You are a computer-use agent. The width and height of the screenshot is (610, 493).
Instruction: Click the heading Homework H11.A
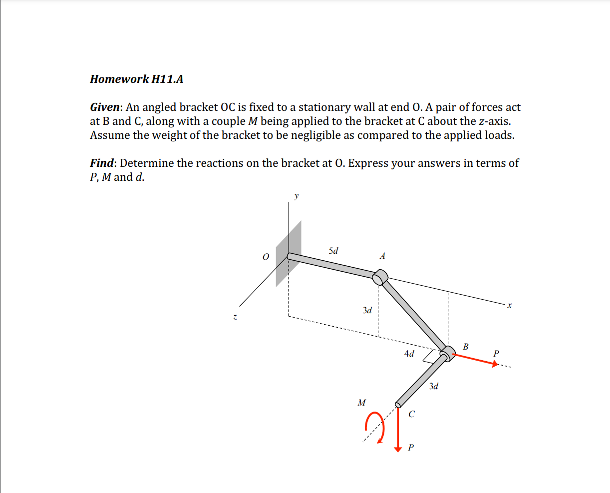136,79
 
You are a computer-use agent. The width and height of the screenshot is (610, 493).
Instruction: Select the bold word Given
105,107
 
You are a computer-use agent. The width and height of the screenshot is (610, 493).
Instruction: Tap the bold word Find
101,163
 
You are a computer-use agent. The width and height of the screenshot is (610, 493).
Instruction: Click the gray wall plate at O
289,254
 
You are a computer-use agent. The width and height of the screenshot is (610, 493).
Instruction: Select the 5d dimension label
333,251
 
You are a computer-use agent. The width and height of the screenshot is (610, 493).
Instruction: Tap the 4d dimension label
409,354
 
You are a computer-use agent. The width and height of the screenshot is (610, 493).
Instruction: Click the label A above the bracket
382,256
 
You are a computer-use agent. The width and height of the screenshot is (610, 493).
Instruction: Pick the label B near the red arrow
466,346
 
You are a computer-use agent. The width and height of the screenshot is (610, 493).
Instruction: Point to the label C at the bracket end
411,414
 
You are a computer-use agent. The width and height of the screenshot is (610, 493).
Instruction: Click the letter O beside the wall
266,257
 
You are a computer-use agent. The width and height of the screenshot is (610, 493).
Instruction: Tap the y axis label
297,196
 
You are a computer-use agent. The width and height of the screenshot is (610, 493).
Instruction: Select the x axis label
509,305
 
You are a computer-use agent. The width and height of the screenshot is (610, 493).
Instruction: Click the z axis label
234,317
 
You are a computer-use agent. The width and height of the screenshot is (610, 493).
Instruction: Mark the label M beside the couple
361,402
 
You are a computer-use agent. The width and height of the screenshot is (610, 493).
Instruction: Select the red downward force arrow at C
398,430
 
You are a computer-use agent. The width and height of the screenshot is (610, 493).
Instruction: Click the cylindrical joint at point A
381,276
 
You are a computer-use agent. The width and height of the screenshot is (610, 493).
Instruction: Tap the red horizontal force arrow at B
474,360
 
